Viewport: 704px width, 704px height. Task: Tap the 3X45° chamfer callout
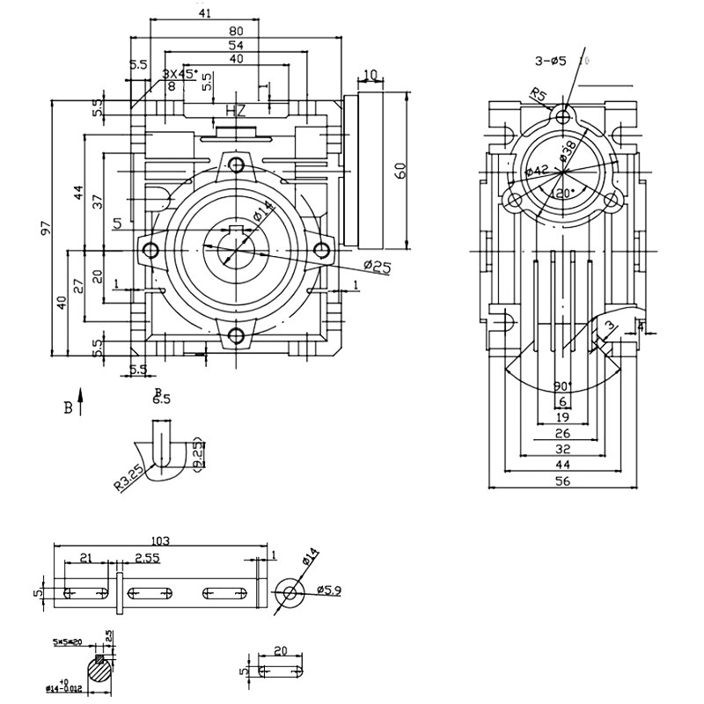[180, 74]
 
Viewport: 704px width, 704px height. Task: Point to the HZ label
[236, 111]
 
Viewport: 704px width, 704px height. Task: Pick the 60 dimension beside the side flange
[400, 171]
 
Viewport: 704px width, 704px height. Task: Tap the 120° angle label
[561, 193]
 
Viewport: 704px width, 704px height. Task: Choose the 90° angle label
[562, 386]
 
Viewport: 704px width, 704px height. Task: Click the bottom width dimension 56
[562, 480]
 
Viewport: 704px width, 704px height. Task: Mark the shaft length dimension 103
[160, 540]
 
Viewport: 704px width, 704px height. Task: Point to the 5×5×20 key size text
[70, 643]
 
